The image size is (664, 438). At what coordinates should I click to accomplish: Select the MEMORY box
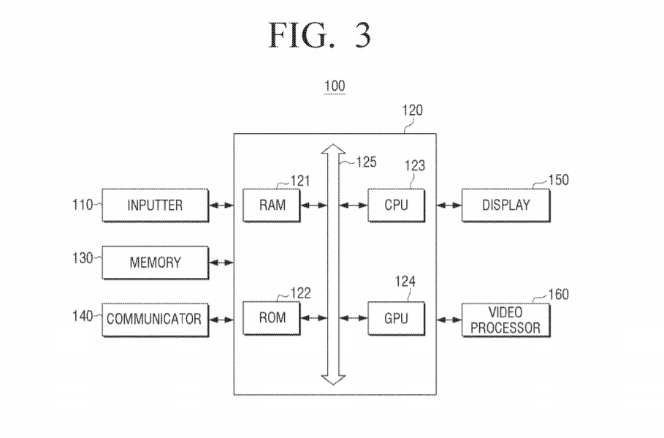(155, 262)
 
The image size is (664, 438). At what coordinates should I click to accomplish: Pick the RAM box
(270, 205)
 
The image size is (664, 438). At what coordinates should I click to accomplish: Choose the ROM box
(270, 318)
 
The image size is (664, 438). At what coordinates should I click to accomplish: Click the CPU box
(394, 205)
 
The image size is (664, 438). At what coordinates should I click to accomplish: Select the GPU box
(394, 318)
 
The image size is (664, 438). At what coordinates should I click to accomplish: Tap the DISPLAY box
(505, 205)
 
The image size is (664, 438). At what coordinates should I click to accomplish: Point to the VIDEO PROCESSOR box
(505, 320)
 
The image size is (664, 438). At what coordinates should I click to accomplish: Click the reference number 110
(83, 205)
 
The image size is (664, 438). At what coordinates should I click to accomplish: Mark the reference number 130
(83, 259)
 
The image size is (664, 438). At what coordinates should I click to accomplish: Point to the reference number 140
(83, 316)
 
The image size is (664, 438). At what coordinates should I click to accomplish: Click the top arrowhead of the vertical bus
(334, 150)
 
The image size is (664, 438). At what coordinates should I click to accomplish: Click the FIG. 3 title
(320, 35)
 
